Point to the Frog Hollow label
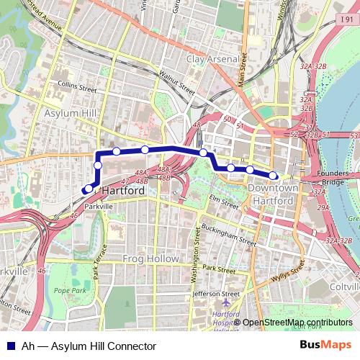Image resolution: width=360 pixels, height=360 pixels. click(145, 258)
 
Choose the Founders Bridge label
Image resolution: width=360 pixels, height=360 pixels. click(330, 177)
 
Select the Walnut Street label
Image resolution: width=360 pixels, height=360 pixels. click(176, 83)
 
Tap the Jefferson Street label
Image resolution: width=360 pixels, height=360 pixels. click(216, 294)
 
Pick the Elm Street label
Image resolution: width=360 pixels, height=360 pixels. click(223, 201)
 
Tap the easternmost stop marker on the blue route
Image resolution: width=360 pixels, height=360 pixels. click(273, 175)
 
